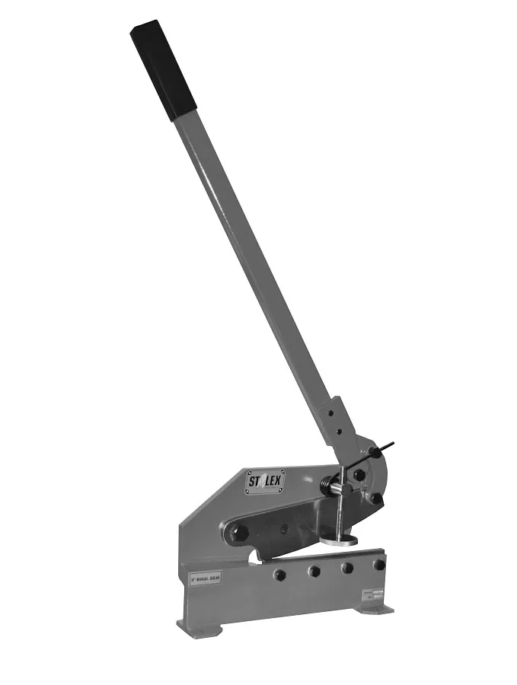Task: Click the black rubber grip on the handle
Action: point(163,70)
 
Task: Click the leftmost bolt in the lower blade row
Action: point(279,575)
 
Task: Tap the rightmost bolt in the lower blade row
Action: point(378,564)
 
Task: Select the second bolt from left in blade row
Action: point(314,571)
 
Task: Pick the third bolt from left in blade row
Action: point(347,568)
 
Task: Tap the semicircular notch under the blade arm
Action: point(257,562)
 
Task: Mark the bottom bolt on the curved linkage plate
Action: point(376,499)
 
